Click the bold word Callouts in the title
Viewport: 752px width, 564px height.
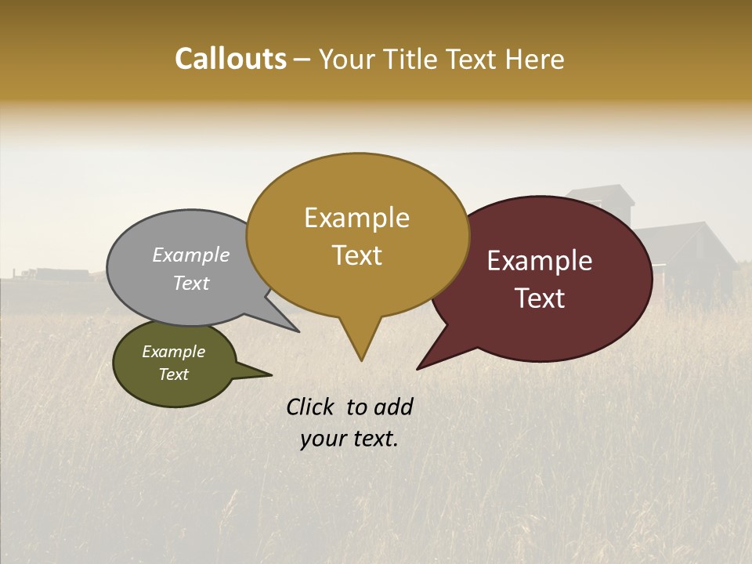tap(230, 59)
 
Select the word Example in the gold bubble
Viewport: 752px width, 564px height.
tap(356, 218)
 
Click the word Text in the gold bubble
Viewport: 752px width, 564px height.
tap(356, 255)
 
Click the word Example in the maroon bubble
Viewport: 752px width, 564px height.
tap(540, 261)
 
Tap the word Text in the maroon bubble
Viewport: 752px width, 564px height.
tap(540, 298)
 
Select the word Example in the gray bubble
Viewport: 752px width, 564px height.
tap(191, 255)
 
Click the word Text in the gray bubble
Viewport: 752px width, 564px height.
tap(191, 283)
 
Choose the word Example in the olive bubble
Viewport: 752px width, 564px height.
tap(173, 352)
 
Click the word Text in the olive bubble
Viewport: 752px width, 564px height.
tap(173, 374)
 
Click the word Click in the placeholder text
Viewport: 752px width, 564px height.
tap(312, 407)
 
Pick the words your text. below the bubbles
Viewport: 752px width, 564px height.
tap(349, 439)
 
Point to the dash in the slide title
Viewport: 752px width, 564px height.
tap(303, 60)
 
